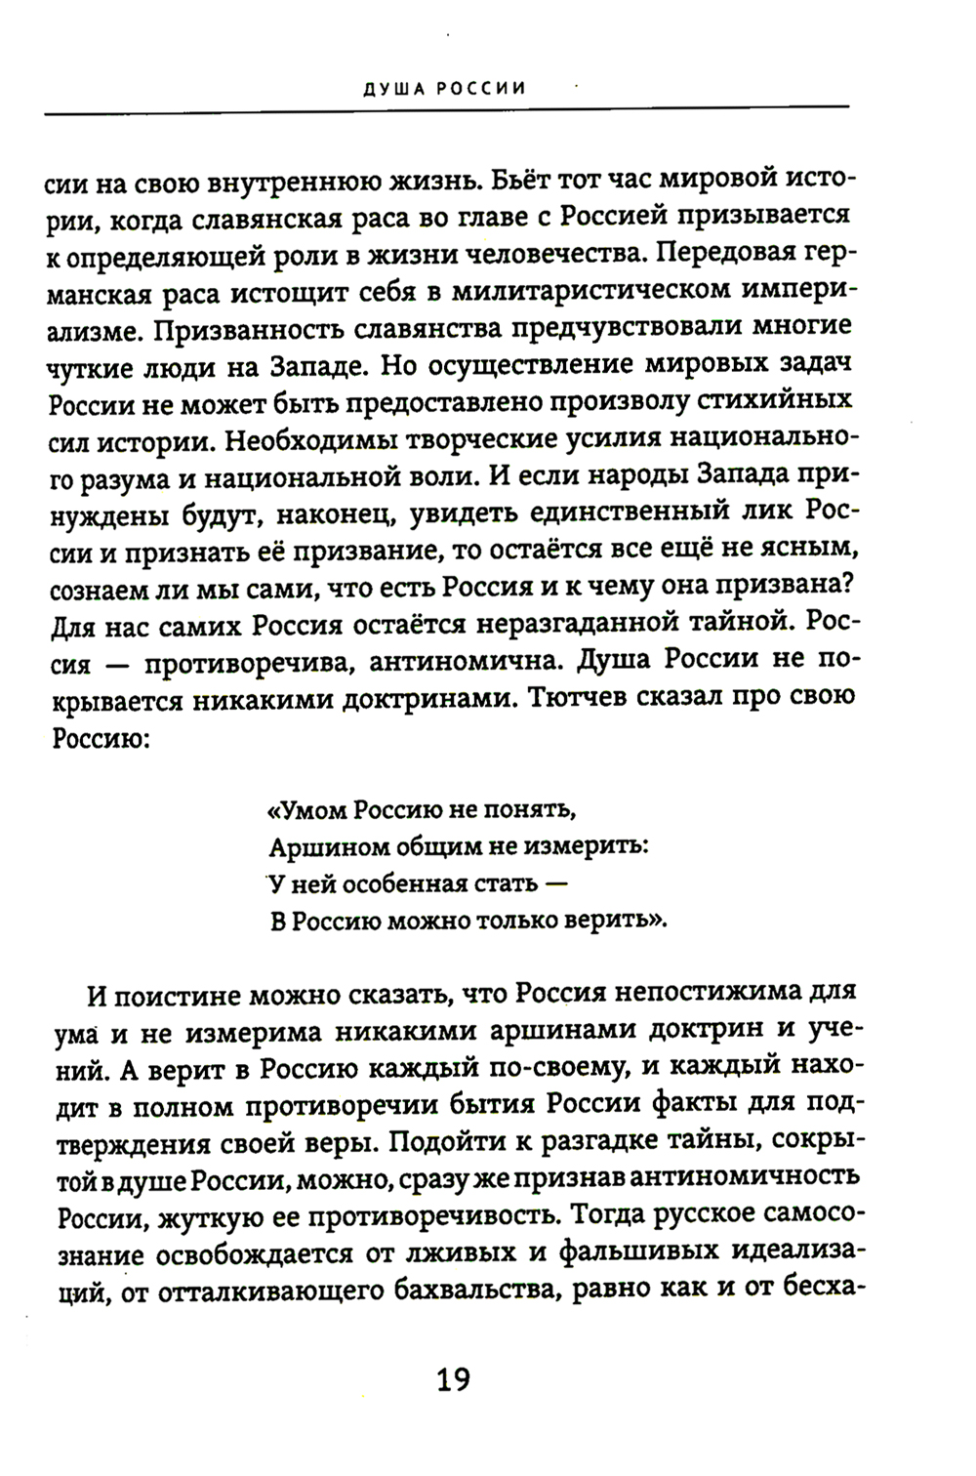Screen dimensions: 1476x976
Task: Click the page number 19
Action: click(x=453, y=1380)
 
